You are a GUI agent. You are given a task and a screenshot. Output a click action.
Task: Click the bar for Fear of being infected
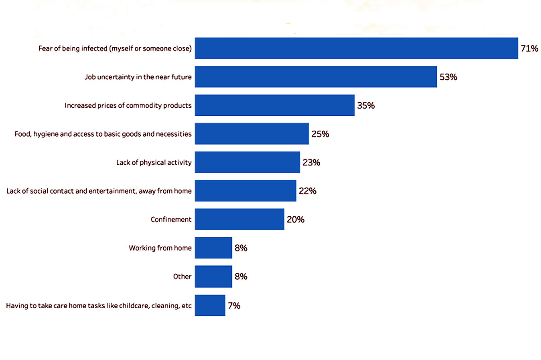(356, 48)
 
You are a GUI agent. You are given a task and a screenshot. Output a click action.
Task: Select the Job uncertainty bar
(316, 77)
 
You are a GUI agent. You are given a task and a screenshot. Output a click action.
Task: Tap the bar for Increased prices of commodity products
(275, 105)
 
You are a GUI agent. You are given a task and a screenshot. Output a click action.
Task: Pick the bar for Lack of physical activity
(247, 162)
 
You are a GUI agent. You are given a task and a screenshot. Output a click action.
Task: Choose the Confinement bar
(239, 219)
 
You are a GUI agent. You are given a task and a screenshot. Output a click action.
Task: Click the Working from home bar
(213, 248)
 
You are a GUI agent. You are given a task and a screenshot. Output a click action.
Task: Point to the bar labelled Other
(213, 276)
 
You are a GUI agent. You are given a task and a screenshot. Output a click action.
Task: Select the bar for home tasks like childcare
(210, 305)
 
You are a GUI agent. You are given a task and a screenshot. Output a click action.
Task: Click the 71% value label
(529, 49)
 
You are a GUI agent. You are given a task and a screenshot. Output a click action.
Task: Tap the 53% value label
(448, 77)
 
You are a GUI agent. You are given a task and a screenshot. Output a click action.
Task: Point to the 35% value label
(366, 106)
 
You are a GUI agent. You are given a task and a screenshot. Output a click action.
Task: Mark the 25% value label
(320, 134)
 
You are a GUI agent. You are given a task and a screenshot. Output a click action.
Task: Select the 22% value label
(307, 191)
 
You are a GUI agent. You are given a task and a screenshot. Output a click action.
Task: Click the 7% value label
(234, 305)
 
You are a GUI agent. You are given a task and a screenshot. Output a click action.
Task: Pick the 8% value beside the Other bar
(241, 277)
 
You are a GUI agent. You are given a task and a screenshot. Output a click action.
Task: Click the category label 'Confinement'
(171, 219)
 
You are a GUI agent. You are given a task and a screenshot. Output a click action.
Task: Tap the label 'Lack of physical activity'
(154, 163)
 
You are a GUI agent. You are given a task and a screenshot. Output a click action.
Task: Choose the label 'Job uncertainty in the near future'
(138, 77)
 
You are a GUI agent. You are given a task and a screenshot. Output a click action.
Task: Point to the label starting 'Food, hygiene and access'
(103, 134)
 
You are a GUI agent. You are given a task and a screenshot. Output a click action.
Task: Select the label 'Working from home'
(160, 248)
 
